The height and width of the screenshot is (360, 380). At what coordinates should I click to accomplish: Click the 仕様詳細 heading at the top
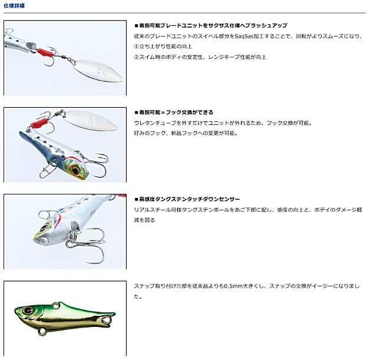pos(14,5)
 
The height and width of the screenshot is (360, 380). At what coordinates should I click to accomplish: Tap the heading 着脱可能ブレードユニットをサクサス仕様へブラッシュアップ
pos(211,25)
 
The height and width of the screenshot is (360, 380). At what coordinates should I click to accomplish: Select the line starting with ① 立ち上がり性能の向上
pos(163,47)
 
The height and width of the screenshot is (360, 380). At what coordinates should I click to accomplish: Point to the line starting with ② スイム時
pos(200,57)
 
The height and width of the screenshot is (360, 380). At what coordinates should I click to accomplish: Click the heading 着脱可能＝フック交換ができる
pos(174,113)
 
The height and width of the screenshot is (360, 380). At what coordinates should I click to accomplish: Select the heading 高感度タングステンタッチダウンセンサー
pos(187,199)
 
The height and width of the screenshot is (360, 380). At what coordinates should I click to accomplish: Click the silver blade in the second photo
pos(91,120)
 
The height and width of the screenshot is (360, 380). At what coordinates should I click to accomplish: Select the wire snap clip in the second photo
pos(47,170)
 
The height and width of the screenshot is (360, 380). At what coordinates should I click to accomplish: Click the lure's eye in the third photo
pos(44,228)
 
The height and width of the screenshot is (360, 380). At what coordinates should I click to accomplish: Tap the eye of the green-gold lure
pos(27,310)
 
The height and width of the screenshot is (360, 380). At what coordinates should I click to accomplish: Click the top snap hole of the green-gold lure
pos(55,306)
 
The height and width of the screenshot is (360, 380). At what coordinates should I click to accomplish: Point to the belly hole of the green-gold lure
pos(43,331)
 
